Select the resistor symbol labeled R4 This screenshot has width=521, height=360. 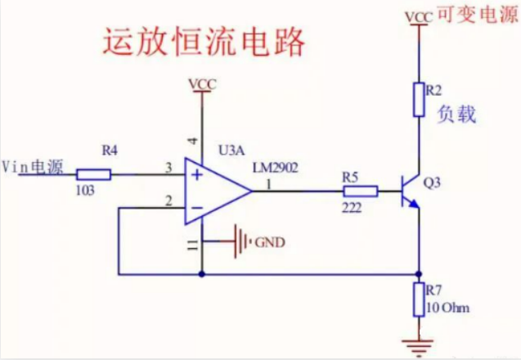(93, 173)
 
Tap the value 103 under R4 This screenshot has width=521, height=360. (84, 190)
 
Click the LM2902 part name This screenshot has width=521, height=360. (275, 168)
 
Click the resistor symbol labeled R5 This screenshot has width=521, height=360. (359, 192)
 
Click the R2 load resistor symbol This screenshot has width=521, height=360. (419, 98)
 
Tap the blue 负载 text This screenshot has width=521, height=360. (457, 115)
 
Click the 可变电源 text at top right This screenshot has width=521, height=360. (476, 15)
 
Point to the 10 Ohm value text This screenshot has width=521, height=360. (449, 308)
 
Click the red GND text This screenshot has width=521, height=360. (271, 242)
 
